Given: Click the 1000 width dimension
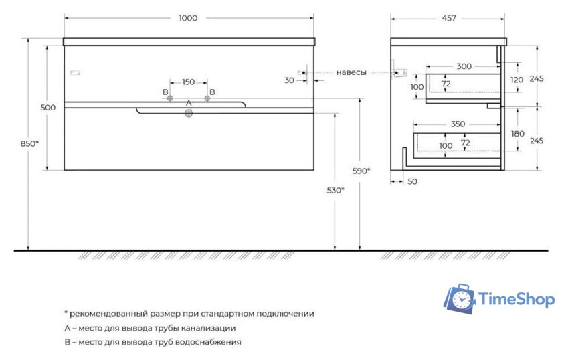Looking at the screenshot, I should click(x=188, y=18).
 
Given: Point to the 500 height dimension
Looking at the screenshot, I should click(x=48, y=108).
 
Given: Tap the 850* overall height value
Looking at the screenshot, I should click(x=29, y=143).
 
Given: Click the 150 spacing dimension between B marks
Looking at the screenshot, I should click(x=188, y=82).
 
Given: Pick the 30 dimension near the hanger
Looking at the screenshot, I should click(x=289, y=80).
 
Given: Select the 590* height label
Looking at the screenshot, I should click(x=361, y=171).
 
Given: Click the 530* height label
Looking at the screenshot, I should click(x=335, y=190).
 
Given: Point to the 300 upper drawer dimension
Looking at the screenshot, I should click(x=464, y=66).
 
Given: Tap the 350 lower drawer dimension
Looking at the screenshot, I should click(x=457, y=124).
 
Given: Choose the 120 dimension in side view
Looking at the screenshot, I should click(x=516, y=80).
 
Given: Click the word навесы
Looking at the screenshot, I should click(x=351, y=72).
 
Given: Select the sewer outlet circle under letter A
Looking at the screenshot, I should click(x=189, y=114).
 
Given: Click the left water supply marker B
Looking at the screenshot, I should click(x=170, y=98).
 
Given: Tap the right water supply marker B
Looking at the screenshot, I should click(x=207, y=98).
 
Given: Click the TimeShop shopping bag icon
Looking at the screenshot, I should click(x=460, y=299).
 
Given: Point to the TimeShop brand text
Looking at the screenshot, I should click(x=517, y=300).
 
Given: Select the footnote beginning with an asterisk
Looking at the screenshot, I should click(x=189, y=313).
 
